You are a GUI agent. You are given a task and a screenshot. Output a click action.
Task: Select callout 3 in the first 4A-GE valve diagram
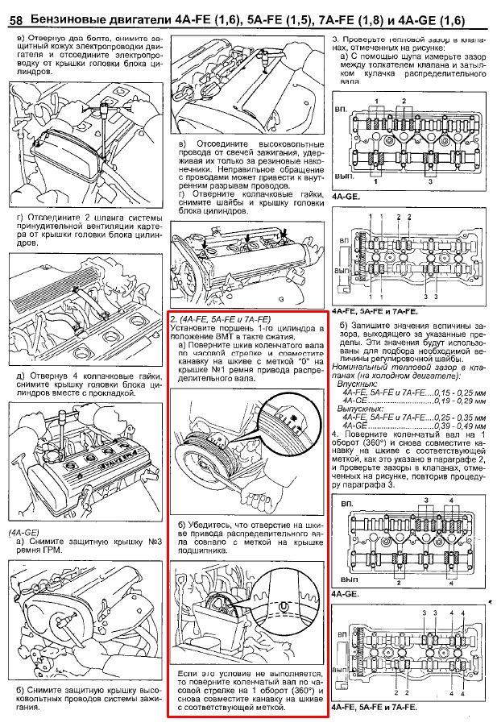point(430,182)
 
